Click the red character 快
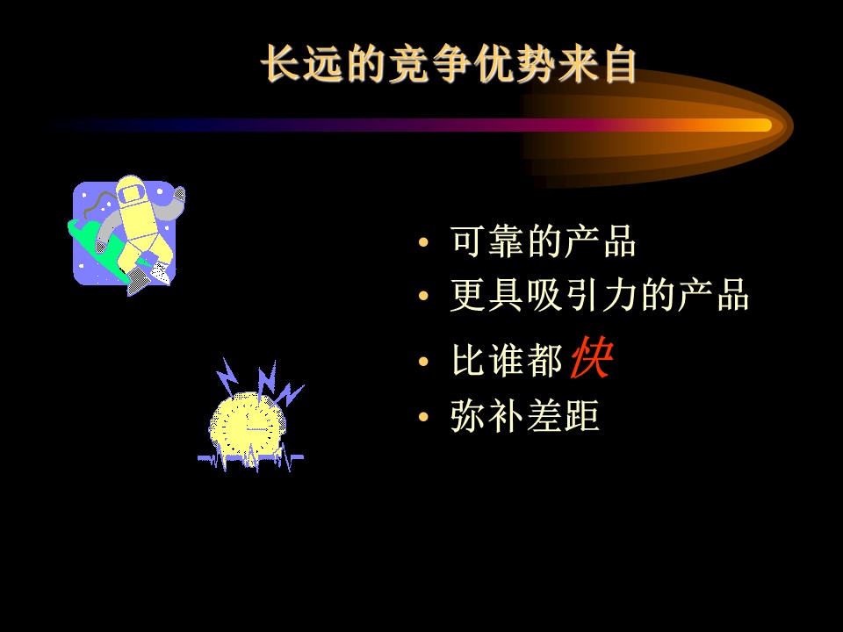click(x=591, y=357)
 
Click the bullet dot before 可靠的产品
click(x=423, y=242)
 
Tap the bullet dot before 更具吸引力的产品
click(x=423, y=296)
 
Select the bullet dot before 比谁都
click(x=423, y=361)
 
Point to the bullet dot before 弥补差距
click(x=423, y=416)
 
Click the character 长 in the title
click(x=281, y=64)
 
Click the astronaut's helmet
click(x=130, y=190)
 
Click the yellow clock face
click(x=248, y=425)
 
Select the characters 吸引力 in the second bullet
click(x=582, y=295)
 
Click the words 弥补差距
click(x=525, y=415)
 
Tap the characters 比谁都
click(x=507, y=360)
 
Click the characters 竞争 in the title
click(x=429, y=64)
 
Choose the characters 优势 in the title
click(x=515, y=64)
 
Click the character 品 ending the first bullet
click(x=620, y=241)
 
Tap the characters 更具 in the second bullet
click(x=487, y=295)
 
